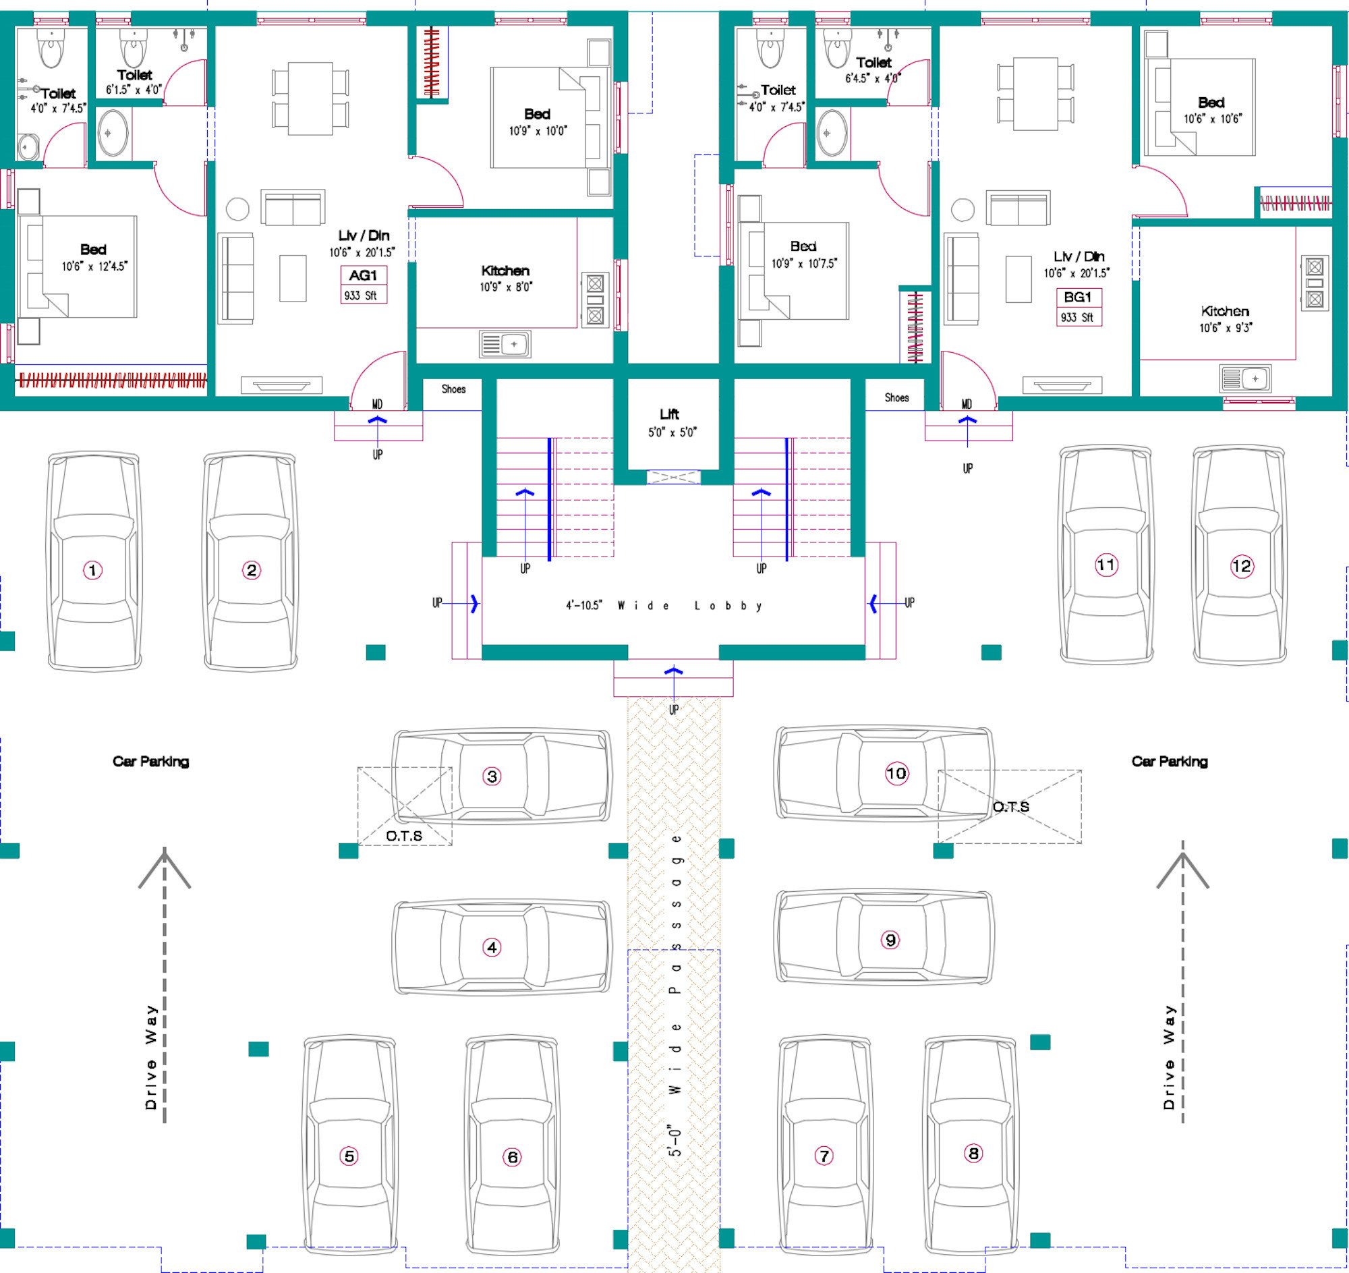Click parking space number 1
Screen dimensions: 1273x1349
(x=93, y=570)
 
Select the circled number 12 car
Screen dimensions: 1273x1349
(x=1241, y=566)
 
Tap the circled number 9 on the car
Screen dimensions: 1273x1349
(x=890, y=940)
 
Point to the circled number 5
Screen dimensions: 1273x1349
(x=349, y=1156)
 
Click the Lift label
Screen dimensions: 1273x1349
(x=670, y=414)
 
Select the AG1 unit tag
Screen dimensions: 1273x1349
(x=363, y=275)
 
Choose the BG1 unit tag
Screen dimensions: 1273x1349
(x=1078, y=298)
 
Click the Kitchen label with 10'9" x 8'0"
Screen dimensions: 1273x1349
(x=505, y=271)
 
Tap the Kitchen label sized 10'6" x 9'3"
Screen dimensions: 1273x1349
(x=1225, y=312)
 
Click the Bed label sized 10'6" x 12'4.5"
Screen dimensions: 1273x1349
(x=94, y=250)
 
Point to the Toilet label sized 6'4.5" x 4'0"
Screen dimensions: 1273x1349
(x=873, y=63)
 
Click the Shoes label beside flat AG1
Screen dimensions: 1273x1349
(x=453, y=389)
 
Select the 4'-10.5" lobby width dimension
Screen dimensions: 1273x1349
(x=584, y=605)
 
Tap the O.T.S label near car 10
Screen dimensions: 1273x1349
(x=1011, y=807)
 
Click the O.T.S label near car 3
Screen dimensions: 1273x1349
(x=404, y=836)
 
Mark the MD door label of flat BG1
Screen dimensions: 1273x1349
(x=967, y=404)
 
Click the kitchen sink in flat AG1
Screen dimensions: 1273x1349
(x=505, y=344)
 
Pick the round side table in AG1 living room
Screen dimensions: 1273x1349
(x=237, y=209)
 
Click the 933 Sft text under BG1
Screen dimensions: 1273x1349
(x=1078, y=318)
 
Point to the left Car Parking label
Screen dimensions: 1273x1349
(x=150, y=762)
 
